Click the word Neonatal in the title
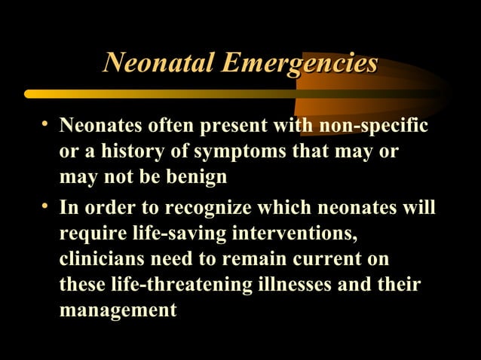tap(153, 63)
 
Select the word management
tap(118, 310)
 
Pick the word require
tap(87, 233)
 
